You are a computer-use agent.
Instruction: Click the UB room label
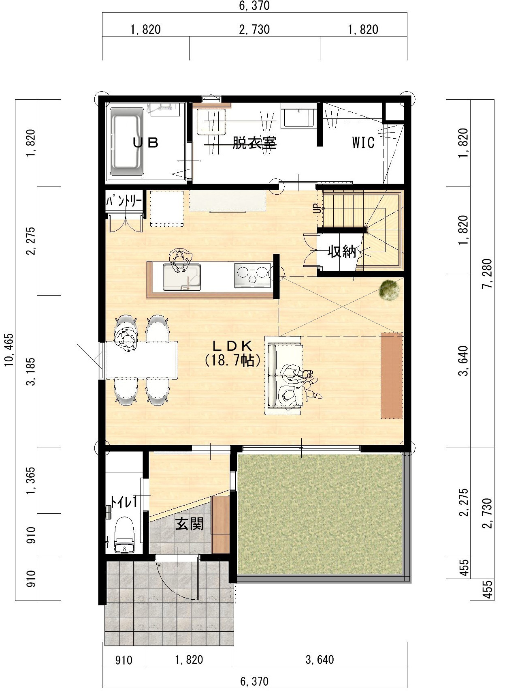point(146,143)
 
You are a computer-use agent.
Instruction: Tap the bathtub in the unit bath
point(127,142)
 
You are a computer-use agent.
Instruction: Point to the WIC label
point(363,143)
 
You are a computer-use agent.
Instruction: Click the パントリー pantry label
point(124,202)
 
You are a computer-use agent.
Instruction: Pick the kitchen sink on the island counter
point(181,277)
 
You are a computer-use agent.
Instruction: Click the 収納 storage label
point(342,251)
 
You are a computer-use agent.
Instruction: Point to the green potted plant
point(390,290)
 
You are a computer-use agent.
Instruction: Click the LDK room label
point(232,345)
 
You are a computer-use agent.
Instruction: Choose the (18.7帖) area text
point(232,360)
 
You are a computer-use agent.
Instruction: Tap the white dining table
point(142,360)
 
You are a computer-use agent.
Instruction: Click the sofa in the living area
point(283,375)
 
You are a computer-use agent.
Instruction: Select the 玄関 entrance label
point(189,524)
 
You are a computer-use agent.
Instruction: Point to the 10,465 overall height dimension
point(9,350)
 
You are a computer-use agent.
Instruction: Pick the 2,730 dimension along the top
point(254,30)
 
